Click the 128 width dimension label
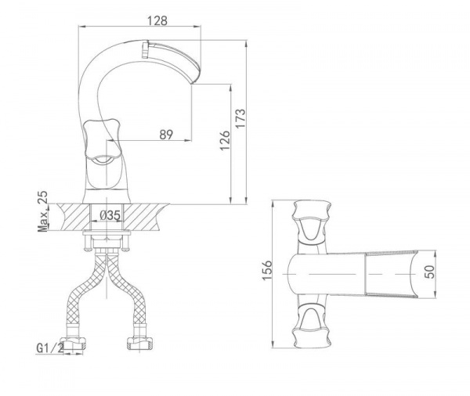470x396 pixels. (x=157, y=20)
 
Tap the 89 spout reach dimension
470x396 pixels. (x=166, y=135)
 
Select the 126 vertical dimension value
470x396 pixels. (x=225, y=140)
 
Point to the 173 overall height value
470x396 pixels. (x=240, y=118)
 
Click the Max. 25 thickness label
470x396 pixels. (x=42, y=211)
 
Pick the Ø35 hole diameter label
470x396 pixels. (x=110, y=215)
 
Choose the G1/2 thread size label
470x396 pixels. (x=50, y=347)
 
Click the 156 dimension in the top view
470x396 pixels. (x=267, y=270)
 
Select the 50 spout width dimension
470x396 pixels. (x=429, y=272)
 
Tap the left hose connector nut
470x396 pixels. (x=73, y=344)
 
